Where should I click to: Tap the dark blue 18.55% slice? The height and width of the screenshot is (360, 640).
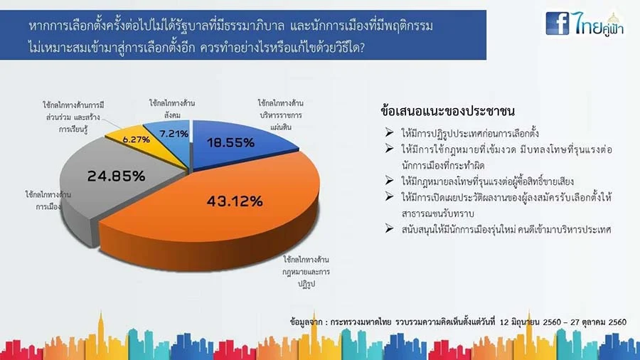[237, 143]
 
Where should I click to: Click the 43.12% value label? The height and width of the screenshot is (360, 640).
[235, 201]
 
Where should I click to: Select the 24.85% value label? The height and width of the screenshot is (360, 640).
[117, 176]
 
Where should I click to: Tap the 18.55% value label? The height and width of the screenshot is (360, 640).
[230, 142]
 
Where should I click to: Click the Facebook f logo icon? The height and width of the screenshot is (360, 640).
[557, 23]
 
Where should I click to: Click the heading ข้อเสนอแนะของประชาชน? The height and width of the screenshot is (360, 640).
[447, 111]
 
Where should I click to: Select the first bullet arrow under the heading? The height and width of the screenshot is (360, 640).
[389, 132]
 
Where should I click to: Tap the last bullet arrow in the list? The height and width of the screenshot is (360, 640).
[389, 228]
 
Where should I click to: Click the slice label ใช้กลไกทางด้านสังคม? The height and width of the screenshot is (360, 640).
[172, 110]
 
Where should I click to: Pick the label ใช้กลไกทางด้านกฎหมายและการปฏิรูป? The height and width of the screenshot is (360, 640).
[306, 272]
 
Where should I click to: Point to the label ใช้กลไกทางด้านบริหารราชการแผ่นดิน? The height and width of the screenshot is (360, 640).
[280, 115]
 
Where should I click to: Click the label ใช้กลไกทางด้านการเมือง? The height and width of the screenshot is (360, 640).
[48, 201]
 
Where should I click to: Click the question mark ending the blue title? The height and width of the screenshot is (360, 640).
[361, 48]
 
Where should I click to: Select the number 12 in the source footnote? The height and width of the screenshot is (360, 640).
[504, 322]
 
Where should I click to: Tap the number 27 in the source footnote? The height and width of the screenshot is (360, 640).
[575, 322]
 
